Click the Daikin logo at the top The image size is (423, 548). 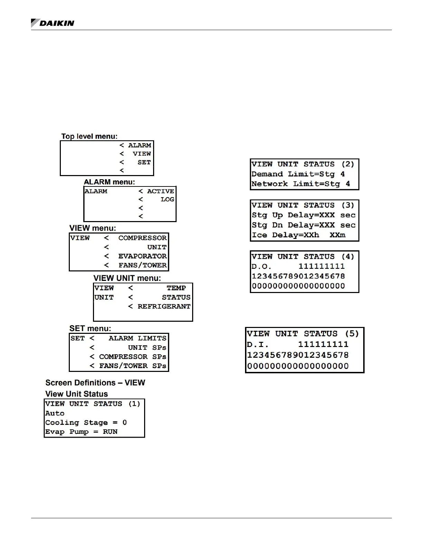coord(53,23)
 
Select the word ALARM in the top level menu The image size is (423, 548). coord(140,145)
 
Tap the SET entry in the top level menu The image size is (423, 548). coord(144,162)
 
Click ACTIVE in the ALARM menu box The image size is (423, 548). coord(161,191)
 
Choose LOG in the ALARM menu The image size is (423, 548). coord(167,200)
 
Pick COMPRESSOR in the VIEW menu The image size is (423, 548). coord(142,238)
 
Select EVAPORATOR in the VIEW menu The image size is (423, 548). coord(142,256)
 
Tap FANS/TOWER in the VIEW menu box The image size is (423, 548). coord(142,265)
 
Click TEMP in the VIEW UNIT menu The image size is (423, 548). coord(176,288)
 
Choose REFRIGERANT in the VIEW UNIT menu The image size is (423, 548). coord(164,307)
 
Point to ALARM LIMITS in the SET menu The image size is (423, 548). coord(138,338)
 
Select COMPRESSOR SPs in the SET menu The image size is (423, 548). coord(133,357)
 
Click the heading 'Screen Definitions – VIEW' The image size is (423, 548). coord(95,383)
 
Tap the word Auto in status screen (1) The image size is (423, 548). coord(55,413)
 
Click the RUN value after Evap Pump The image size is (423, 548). coord(110,432)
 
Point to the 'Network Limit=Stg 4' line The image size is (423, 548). coord(301,184)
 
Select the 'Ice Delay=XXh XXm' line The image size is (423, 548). coord(298,235)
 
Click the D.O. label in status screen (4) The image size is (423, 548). coord(262,266)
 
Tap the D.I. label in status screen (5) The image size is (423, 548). coord(258,345)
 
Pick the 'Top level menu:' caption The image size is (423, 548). coord(90,136)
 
